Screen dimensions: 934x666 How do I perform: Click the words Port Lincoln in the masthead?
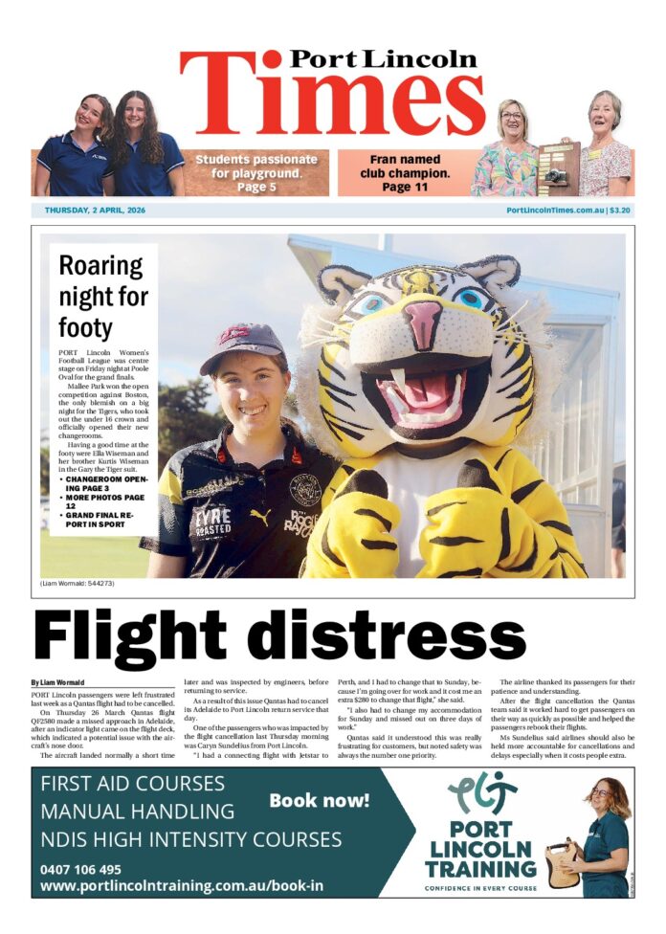coord(383,59)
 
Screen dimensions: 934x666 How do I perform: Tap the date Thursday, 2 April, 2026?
coord(95,211)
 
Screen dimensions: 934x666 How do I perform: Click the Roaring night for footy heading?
coord(102,297)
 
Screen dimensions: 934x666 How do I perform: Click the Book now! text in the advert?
coord(319,800)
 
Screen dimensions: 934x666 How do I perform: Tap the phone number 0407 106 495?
coord(81,870)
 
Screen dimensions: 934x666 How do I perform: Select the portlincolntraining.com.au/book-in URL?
coord(182,887)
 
